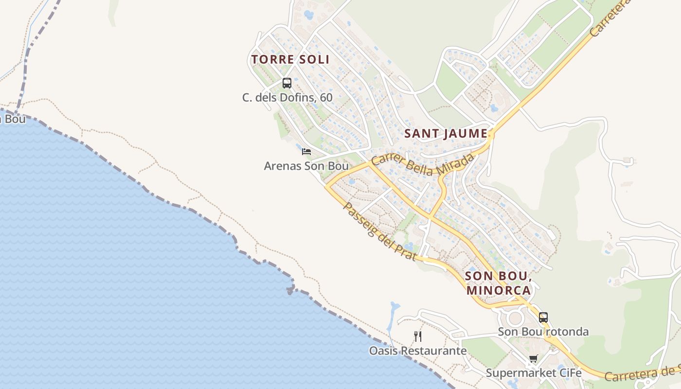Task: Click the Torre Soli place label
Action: coord(290,60)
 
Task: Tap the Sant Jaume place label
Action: coord(446,134)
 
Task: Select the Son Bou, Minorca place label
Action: coord(498,283)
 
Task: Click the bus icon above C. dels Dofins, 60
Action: coord(287,83)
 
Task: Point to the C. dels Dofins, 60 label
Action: coord(287,98)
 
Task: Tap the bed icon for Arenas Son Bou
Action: coord(306,152)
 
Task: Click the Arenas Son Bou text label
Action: coord(306,166)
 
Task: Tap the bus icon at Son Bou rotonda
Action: coord(543,318)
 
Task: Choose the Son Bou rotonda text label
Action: coord(543,332)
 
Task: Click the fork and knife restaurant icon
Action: coord(418,336)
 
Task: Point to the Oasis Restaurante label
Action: coord(418,351)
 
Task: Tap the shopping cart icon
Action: coord(534,359)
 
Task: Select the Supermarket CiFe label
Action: coord(534,373)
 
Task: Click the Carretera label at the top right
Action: coord(610,18)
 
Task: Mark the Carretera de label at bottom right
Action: coord(642,373)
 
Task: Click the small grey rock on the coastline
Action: coord(290,291)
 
